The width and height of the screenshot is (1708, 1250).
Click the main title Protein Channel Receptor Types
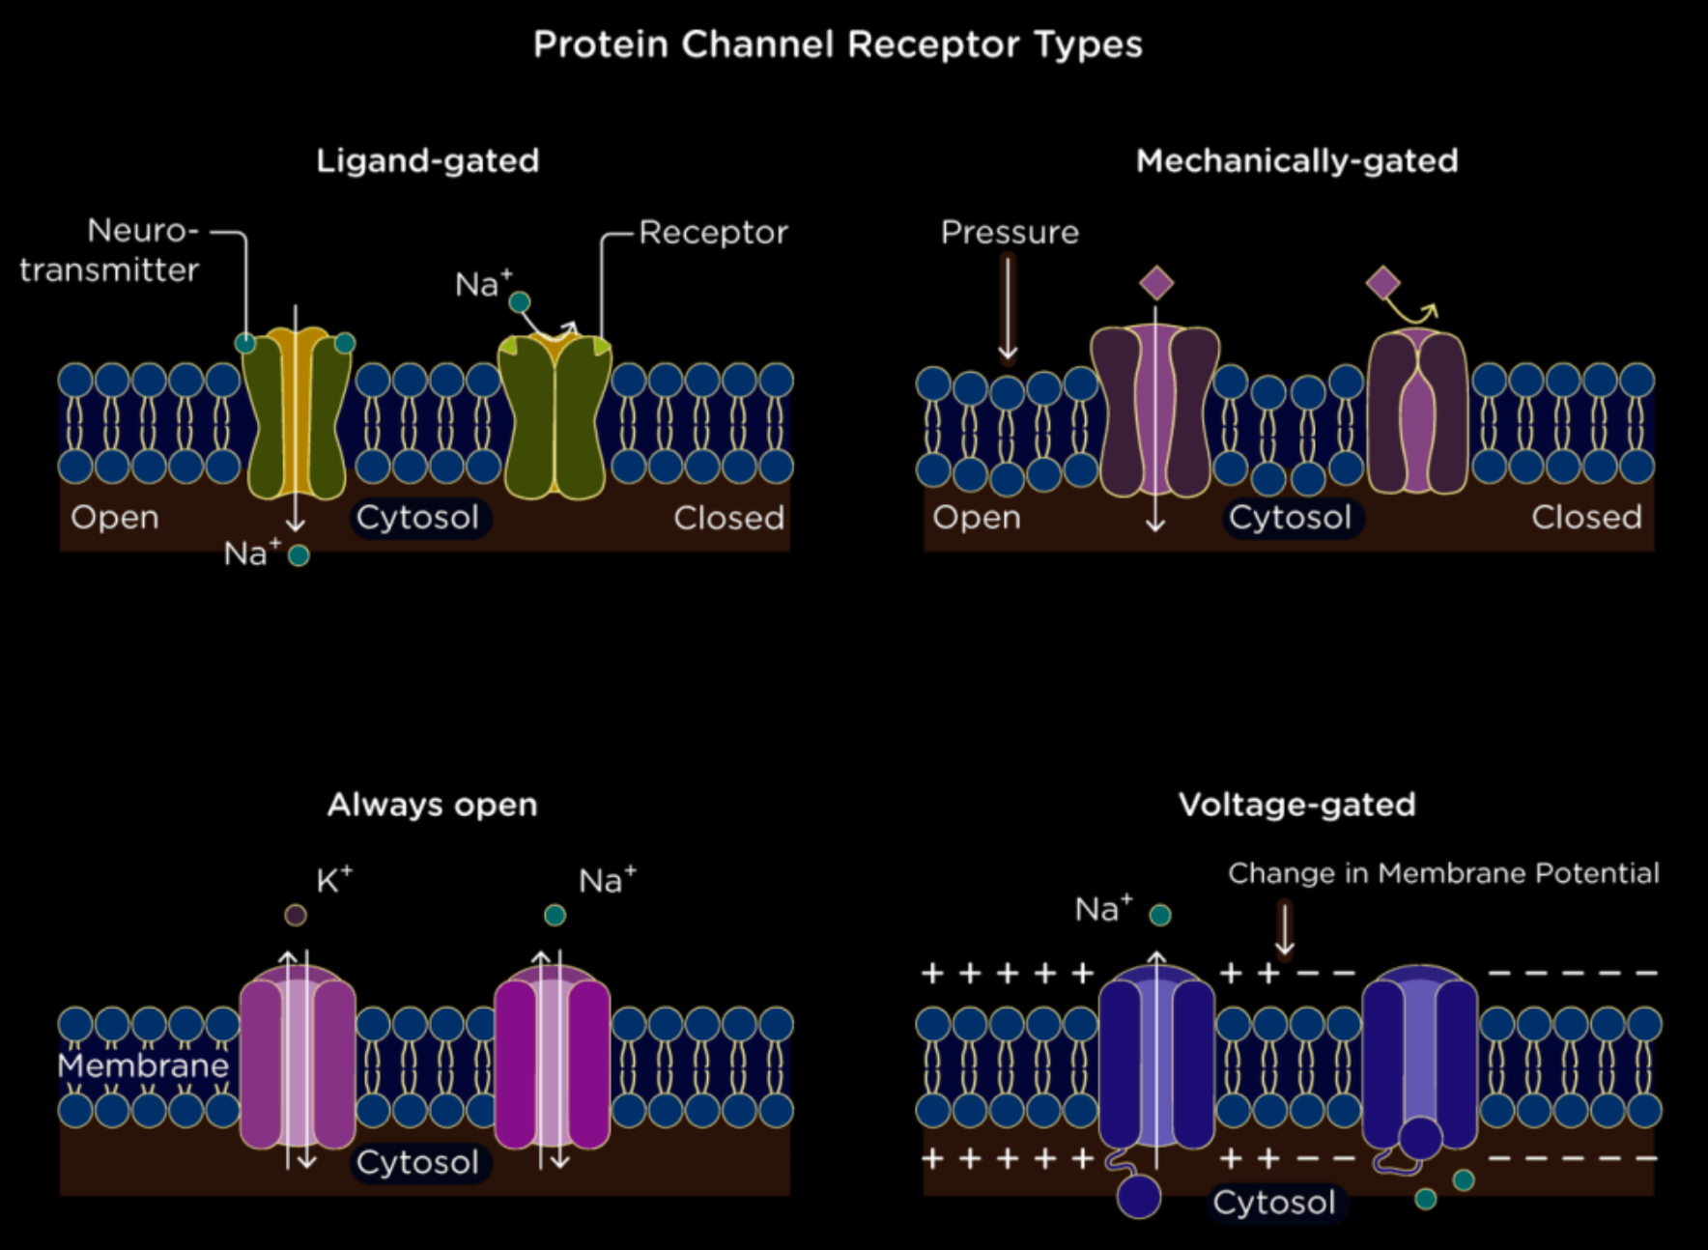(x=838, y=44)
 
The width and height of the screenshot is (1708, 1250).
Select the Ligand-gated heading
(x=428, y=160)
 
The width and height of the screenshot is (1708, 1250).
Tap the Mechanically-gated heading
(x=1296, y=160)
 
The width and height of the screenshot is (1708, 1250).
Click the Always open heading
(x=432, y=805)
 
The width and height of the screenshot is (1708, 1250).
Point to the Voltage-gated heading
(x=1296, y=805)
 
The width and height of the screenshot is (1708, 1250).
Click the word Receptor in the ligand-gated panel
(x=713, y=233)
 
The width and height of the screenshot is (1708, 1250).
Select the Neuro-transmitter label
(x=109, y=250)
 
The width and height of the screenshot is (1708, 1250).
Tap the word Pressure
(x=1010, y=233)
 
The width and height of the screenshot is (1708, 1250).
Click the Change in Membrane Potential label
(x=1443, y=873)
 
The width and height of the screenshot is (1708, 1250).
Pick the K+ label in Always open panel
(x=333, y=880)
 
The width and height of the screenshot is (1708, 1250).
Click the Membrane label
(x=143, y=1065)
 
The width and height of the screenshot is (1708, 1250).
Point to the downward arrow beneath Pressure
(x=1008, y=309)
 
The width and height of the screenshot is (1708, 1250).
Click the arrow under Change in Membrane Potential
(x=1284, y=928)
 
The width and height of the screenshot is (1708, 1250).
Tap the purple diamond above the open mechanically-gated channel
(x=1156, y=284)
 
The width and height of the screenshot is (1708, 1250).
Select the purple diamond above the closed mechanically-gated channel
(x=1383, y=283)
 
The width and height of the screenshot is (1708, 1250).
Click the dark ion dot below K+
(x=296, y=915)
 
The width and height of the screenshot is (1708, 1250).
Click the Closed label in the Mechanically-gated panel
(x=1586, y=518)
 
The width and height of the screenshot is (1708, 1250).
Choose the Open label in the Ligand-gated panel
(x=114, y=518)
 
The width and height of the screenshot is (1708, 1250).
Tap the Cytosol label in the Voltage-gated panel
(x=1274, y=1203)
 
